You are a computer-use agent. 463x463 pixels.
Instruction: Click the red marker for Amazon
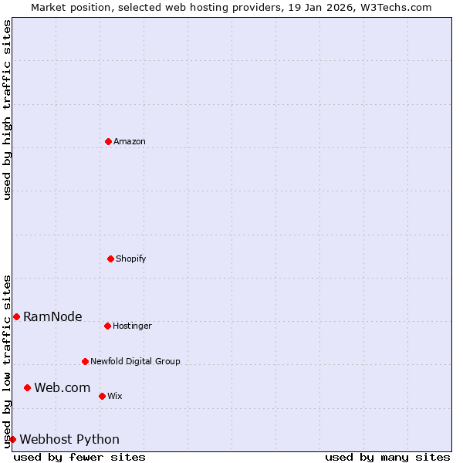[108, 141]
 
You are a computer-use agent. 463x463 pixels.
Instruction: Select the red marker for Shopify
[110, 259]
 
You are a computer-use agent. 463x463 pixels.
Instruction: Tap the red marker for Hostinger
[107, 326]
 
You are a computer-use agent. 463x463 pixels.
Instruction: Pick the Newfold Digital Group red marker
[85, 361]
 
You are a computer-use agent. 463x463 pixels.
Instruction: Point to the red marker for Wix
[102, 396]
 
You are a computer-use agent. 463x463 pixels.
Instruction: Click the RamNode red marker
[16, 316]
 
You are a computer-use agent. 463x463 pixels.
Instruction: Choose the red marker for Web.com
[27, 387]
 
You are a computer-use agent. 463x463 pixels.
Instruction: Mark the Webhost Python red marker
[12, 439]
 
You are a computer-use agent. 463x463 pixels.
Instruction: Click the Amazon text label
[130, 142]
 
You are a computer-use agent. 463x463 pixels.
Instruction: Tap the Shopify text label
[131, 259]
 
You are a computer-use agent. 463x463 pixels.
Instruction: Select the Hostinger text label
[132, 326]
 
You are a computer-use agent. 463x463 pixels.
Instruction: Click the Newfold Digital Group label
[135, 362]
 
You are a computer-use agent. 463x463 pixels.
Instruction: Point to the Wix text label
[115, 397]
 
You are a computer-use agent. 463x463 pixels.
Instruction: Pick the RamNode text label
[52, 317]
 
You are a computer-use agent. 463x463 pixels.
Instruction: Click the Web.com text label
[63, 388]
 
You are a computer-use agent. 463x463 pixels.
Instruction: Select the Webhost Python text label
[69, 440]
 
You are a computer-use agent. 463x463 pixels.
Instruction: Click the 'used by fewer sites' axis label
[79, 457]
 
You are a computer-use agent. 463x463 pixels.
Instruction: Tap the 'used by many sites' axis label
[387, 457]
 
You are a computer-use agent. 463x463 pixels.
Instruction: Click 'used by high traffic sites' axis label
[8, 110]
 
